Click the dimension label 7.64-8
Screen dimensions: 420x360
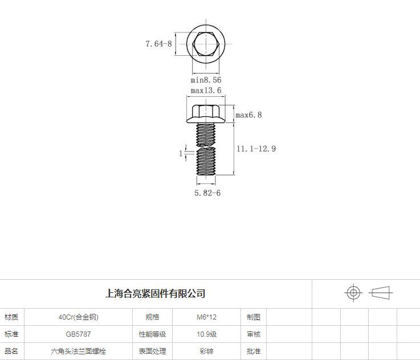coord(158,44)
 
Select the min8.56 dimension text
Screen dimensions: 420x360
coord(206,80)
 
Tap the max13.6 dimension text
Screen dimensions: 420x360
coord(206,90)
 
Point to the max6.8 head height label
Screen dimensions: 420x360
coord(248,115)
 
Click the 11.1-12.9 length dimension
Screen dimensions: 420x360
coord(256,149)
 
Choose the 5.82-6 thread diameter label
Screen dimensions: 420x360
coord(207,193)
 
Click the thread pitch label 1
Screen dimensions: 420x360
coord(181,153)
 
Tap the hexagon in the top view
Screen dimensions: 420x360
coord(206,44)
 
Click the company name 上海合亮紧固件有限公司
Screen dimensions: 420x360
coord(156,293)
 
